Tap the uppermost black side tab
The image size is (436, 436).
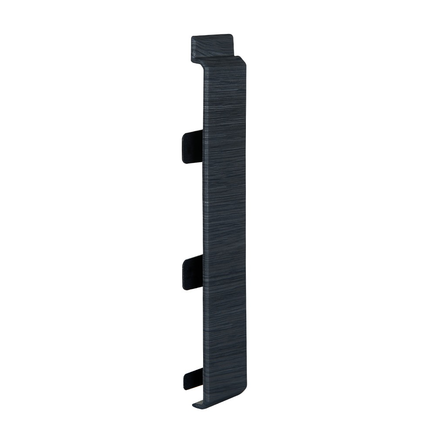pyautogui.click(x=192, y=147)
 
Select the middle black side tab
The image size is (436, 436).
pyautogui.click(x=192, y=272)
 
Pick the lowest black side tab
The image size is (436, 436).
pyautogui.click(x=193, y=379)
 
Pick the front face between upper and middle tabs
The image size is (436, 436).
pyautogui.click(x=225, y=209)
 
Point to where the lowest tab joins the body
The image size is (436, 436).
pyautogui.click(x=202, y=378)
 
